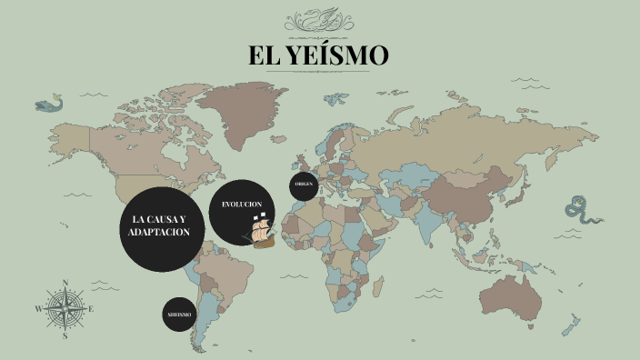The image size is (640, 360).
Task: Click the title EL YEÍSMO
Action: tap(319, 55)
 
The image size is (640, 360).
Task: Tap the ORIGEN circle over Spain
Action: tap(305, 185)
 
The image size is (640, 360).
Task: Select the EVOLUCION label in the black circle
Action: tap(242, 205)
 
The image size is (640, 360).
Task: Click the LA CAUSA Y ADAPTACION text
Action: tap(160, 227)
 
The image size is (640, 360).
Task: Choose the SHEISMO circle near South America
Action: tap(179, 314)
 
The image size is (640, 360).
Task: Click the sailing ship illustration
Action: tap(260, 231)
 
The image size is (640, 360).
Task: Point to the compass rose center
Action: tap(65, 308)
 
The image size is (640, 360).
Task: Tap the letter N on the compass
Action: tap(65, 282)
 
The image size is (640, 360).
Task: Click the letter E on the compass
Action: tap(92, 309)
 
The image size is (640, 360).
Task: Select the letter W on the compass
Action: tap(38, 309)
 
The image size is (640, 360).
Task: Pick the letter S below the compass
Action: tap(65, 335)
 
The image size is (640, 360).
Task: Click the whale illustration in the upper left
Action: tap(51, 104)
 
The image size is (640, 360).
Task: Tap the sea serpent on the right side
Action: tap(580, 211)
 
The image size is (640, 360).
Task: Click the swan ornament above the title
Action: tap(319, 18)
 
